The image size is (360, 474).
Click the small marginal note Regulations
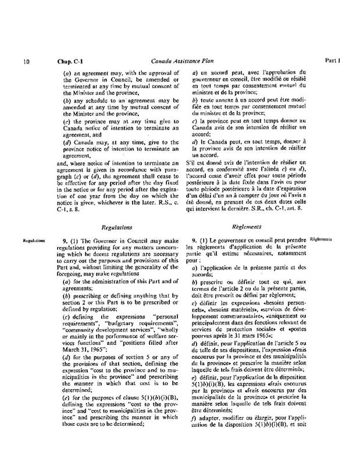pyautogui.click(x=31, y=240)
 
